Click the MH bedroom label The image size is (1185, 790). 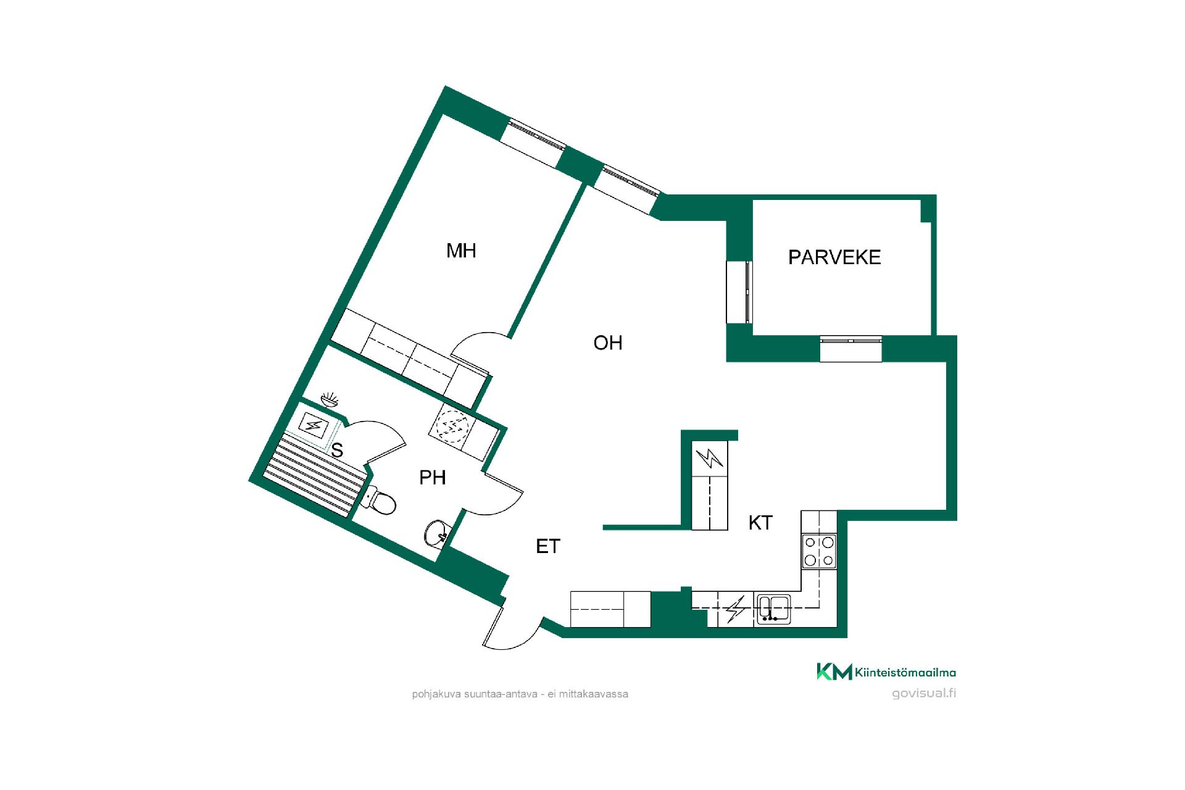pyautogui.click(x=461, y=251)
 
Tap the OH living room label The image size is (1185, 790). pyautogui.click(x=608, y=343)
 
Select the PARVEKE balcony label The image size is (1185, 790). pyautogui.click(x=834, y=257)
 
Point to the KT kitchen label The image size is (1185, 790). pyautogui.click(x=760, y=523)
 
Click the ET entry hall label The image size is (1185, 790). pyautogui.click(x=548, y=546)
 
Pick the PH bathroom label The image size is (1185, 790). pyautogui.click(x=433, y=477)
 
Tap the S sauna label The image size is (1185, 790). pyautogui.click(x=337, y=451)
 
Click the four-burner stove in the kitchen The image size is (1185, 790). pyautogui.click(x=819, y=551)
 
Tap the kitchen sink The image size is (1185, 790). pyautogui.click(x=773, y=608)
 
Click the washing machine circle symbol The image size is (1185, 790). pyautogui.click(x=454, y=425)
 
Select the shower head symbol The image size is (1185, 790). pyautogui.click(x=331, y=399)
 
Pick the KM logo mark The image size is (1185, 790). pyautogui.click(x=834, y=671)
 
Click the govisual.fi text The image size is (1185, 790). pyautogui.click(x=924, y=692)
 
